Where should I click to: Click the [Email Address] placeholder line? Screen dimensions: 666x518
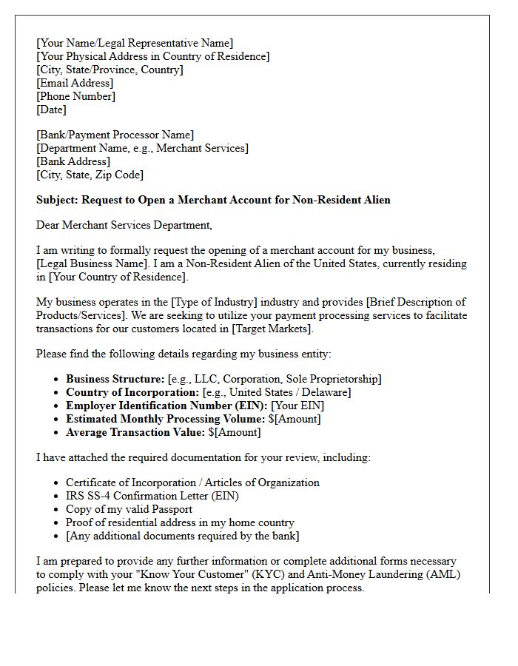(75, 83)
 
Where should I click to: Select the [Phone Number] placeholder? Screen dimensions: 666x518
(75, 96)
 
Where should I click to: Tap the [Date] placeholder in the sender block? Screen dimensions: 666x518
(51, 110)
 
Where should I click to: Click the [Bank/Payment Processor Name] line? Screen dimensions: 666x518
(115, 135)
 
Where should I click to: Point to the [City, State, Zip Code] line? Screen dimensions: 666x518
(90, 175)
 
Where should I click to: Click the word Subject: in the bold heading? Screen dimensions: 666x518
(57, 200)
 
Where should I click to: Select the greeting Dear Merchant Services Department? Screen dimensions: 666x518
(124, 225)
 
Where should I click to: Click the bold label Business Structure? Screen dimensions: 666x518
(115, 379)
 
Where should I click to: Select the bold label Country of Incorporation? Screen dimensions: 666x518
(132, 392)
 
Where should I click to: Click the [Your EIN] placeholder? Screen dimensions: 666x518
(297, 406)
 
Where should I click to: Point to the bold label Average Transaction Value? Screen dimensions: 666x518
(135, 432)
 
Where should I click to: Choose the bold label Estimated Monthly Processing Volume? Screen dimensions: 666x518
(165, 419)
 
